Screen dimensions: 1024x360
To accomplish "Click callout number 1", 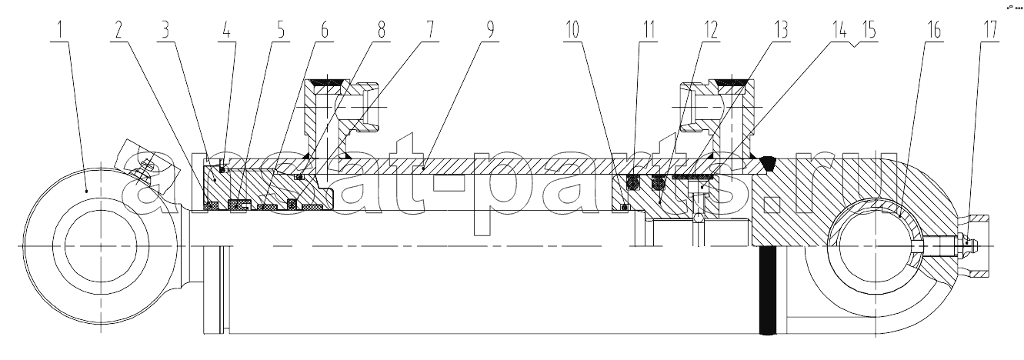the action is click(x=60, y=31).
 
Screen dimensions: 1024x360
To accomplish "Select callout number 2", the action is click(x=119, y=31).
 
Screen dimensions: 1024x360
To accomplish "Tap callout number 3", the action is click(x=165, y=31).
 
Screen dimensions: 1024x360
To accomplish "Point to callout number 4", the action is click(x=227, y=31).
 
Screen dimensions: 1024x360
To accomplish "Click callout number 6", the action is click(x=324, y=31).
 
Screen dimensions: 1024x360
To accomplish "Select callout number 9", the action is click(x=489, y=31).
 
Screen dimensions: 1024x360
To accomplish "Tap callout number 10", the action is click(x=572, y=31).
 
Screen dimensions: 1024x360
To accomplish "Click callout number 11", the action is click(x=649, y=31).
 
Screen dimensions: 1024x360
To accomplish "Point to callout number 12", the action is click(x=710, y=31).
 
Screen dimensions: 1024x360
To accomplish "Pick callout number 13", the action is click(x=781, y=31).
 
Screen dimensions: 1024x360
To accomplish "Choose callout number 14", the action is click(x=838, y=31).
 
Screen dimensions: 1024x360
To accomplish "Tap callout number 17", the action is click(x=990, y=31).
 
